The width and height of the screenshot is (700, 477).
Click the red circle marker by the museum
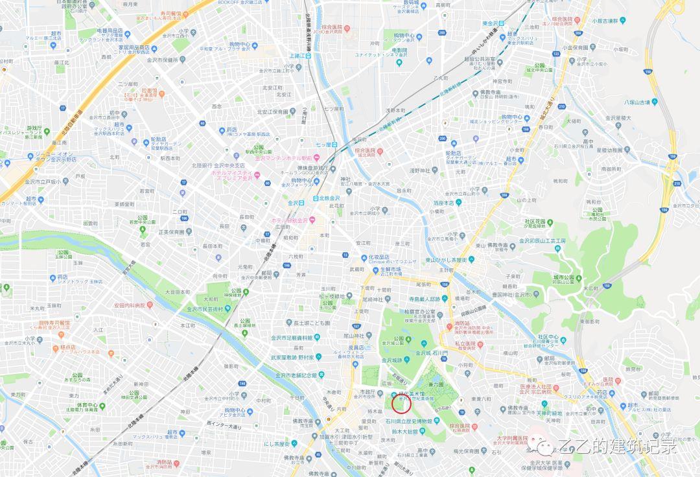click(402, 404)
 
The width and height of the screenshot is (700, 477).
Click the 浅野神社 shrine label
click(420, 170)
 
